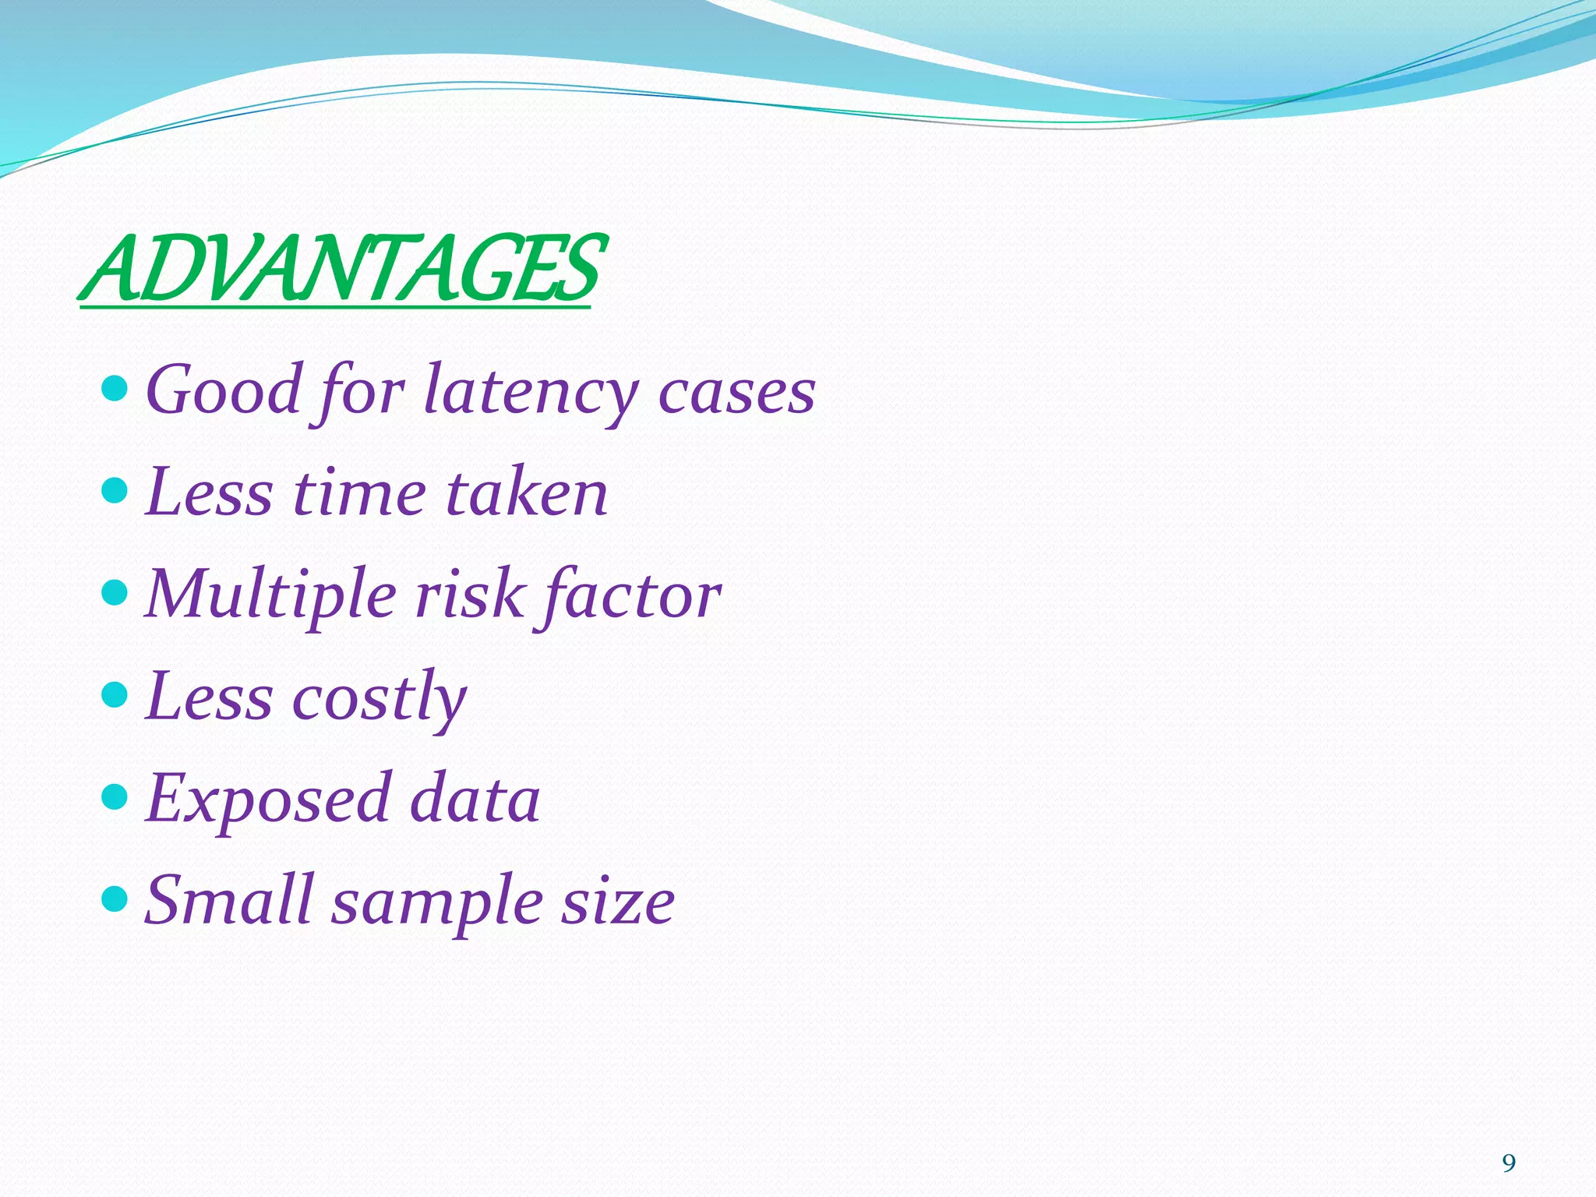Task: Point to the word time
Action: (359, 493)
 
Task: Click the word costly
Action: (380, 697)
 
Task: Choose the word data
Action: (475, 800)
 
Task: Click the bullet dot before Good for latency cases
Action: (115, 387)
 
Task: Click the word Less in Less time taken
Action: (209, 493)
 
